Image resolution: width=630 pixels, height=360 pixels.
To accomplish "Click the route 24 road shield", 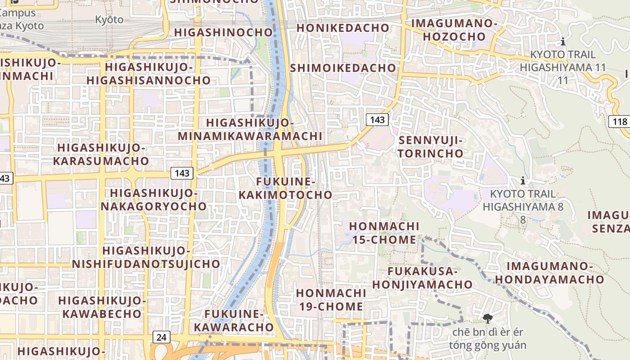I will tap(161, 337).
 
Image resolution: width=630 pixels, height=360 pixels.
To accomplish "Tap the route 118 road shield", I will tap(620, 121).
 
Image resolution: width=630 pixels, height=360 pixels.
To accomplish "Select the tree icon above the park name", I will tap(487, 319).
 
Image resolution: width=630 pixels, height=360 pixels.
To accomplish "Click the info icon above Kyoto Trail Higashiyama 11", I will tap(562, 42).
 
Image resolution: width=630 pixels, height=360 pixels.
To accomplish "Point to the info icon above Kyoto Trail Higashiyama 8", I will tap(523, 181).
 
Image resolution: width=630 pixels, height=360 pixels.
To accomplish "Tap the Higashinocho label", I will tap(224, 32).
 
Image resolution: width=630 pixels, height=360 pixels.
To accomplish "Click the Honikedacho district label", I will tap(343, 28).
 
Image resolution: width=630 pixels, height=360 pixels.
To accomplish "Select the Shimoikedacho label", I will tap(343, 68).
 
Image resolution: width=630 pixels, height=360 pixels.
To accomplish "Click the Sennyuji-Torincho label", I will tap(431, 147).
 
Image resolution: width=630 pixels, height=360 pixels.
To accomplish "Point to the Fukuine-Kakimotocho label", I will tap(285, 188).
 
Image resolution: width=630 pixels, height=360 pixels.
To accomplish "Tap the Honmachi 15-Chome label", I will tap(384, 233).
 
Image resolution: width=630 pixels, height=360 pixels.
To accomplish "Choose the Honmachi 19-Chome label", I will tap(331, 300).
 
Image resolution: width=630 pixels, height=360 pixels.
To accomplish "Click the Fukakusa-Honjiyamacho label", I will tap(422, 278).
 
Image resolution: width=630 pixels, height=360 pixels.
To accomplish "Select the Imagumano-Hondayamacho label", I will tap(549, 273).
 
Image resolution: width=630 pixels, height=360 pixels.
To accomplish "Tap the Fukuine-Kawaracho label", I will tap(234, 320).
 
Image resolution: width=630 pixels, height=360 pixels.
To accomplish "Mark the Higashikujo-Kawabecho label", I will tap(102, 307).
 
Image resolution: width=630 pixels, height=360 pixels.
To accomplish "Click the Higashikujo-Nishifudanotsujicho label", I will tap(146, 257).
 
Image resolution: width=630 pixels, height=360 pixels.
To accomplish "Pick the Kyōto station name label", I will tap(109, 19).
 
